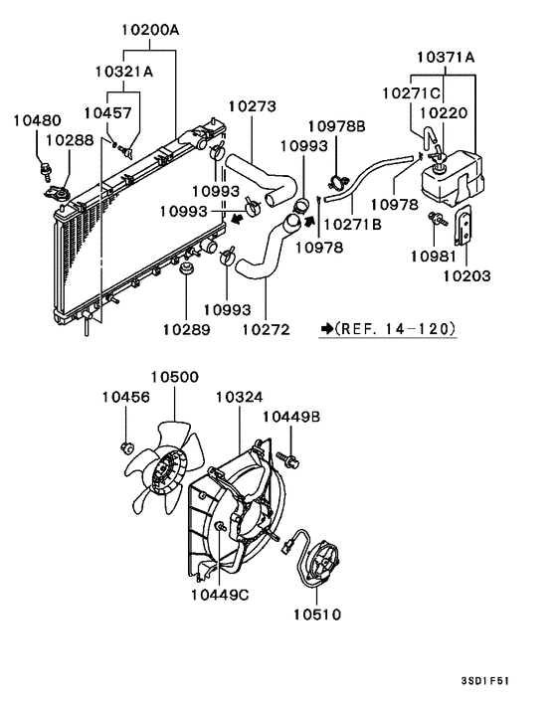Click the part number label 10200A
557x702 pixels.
[150, 31]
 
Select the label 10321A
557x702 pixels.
[124, 72]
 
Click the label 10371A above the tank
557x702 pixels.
[445, 57]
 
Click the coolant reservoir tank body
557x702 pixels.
[454, 179]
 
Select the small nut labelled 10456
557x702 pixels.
[127, 446]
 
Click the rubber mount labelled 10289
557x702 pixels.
[186, 268]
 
